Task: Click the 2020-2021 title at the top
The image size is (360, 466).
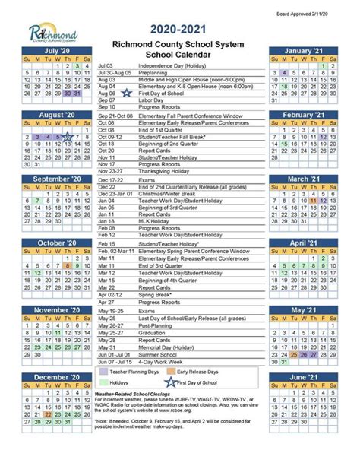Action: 179,28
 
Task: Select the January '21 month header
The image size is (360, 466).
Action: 303,50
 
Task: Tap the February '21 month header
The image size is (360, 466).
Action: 303,114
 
